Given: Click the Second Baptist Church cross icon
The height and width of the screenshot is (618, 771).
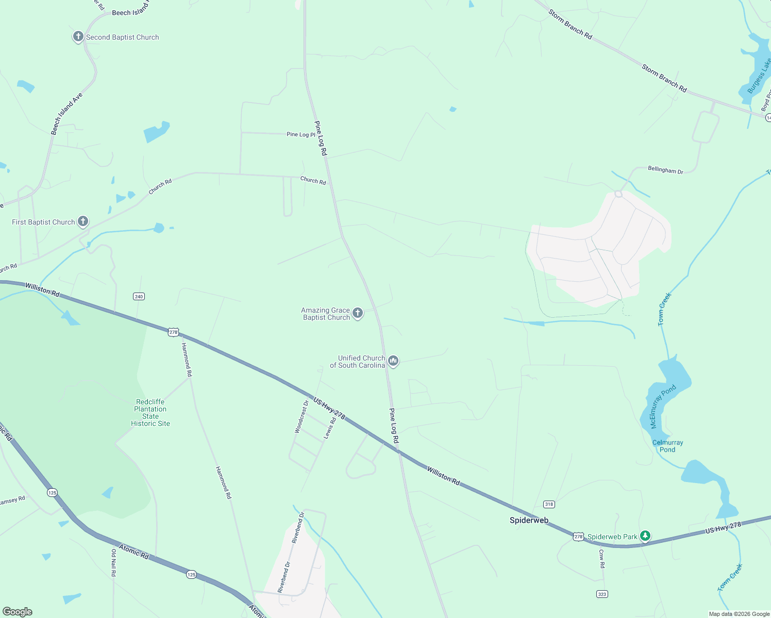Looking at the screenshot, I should click(78, 37).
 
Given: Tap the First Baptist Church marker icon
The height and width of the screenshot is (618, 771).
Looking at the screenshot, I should click(83, 221).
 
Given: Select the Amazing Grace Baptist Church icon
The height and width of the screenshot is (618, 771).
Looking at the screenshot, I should click(357, 313).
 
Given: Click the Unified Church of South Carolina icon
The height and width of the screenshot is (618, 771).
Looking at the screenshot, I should click(393, 360).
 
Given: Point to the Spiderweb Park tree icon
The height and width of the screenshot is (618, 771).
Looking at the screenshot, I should click(645, 536).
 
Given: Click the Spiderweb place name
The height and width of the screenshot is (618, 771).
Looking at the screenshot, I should click(529, 520).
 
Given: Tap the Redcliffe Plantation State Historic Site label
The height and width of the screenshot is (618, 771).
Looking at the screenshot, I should click(150, 413).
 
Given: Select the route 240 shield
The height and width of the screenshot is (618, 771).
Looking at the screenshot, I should click(139, 296).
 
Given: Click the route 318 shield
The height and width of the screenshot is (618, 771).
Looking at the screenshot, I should click(549, 504).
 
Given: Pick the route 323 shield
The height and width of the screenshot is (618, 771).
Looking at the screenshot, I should click(602, 594).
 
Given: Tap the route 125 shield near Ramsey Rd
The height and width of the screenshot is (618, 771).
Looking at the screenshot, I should click(52, 492).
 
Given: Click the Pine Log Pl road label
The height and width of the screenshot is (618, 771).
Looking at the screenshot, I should click(301, 134).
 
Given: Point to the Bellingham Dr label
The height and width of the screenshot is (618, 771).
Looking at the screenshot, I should click(665, 170).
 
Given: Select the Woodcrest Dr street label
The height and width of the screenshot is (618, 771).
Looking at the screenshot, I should click(301, 417).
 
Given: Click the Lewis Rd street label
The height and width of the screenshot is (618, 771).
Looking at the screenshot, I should click(330, 428).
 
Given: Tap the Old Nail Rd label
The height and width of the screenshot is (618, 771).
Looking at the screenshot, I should click(114, 562).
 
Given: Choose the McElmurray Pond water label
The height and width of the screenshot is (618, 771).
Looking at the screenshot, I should click(663, 406).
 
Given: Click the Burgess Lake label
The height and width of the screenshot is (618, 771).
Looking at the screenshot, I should click(759, 76).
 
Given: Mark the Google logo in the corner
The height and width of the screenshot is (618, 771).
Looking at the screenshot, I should click(18, 612).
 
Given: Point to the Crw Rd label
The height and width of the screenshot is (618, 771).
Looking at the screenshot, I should click(601, 558).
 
